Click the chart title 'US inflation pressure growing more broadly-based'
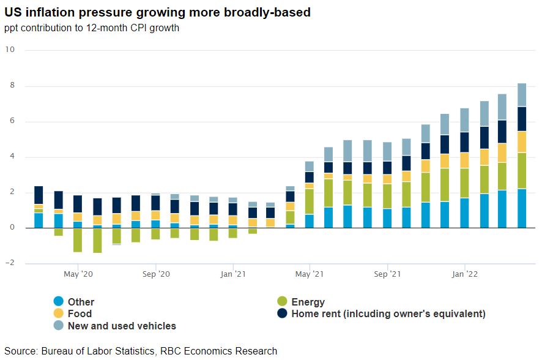click(157, 12)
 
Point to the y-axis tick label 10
click(9, 50)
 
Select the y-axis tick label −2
click(9, 263)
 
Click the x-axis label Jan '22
click(464, 274)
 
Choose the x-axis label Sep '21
click(387, 274)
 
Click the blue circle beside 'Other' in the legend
click(59, 302)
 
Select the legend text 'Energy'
click(308, 302)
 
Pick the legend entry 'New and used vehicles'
click(122, 326)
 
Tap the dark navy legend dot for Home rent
click(282, 314)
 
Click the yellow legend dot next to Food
click(59, 314)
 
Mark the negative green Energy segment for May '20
click(78, 239)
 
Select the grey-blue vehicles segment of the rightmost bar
click(522, 95)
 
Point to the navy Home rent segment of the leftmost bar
click(39, 195)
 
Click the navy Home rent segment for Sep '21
click(387, 168)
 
